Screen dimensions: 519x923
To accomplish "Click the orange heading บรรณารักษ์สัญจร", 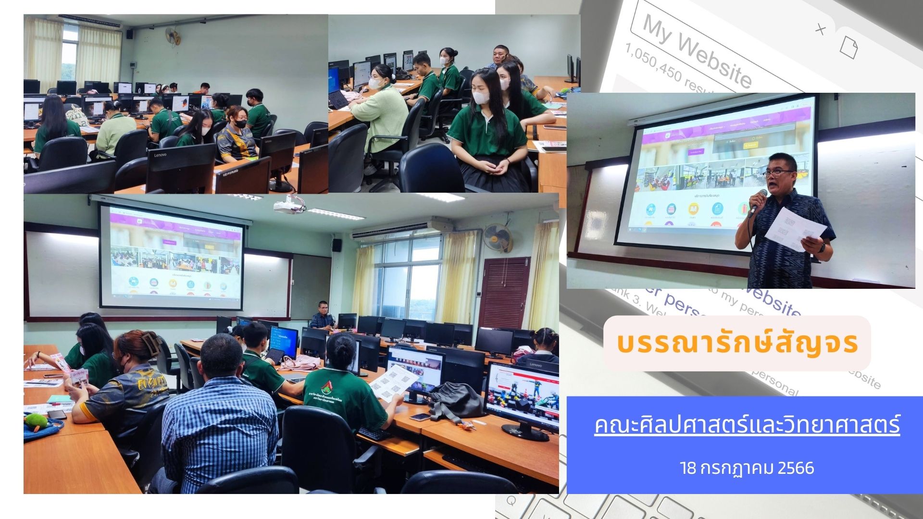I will pos(737,343).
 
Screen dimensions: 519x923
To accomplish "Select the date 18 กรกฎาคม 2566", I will pos(747,468).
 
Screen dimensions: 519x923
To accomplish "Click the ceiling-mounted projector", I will pos(289,205).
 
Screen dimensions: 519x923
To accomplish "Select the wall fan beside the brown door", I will pos(499,237).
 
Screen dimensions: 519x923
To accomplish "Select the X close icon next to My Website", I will pos(820,30).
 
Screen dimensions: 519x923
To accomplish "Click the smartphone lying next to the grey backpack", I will pos(420,417).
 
